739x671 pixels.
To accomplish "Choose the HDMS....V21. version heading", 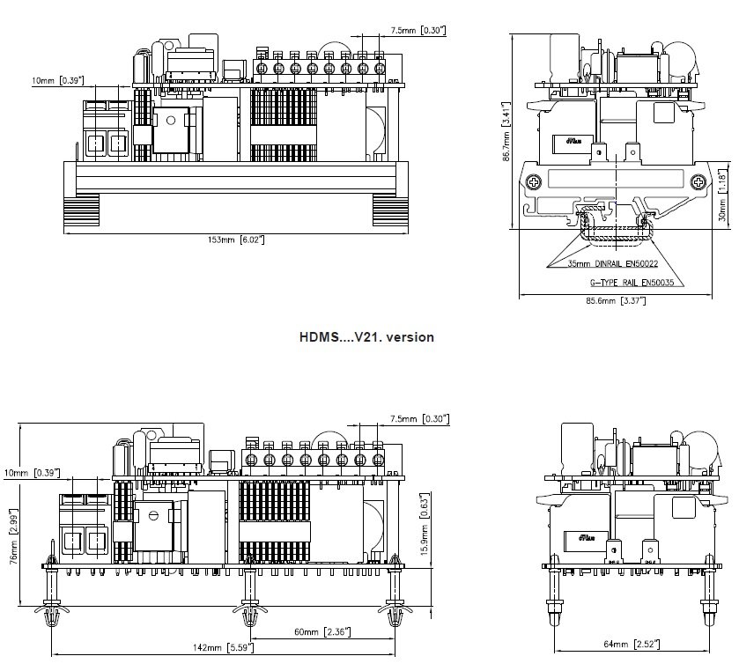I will click(x=366, y=336).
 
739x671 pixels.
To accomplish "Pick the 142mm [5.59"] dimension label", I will click(x=222, y=648).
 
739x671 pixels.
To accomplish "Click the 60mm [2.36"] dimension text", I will click(x=321, y=631).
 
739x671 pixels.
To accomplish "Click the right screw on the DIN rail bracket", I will click(x=698, y=182).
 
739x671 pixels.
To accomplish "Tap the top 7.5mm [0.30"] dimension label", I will click(x=418, y=31).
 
